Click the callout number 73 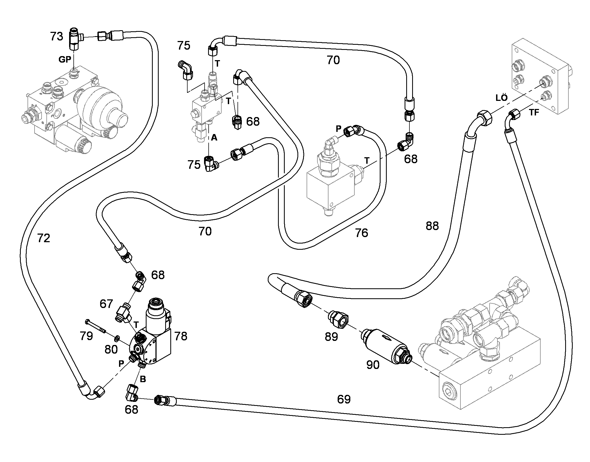tap(57, 36)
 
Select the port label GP tap(65, 60)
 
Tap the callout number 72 tap(43, 238)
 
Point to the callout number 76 tap(362, 233)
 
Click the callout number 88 tap(432, 225)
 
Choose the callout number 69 tap(344, 399)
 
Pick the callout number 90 tap(373, 365)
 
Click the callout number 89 tap(331, 337)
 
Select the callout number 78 tap(181, 336)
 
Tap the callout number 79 tap(86, 336)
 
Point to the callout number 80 tap(111, 350)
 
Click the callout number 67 tap(106, 304)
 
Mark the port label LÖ tap(501, 97)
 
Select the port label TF tap(534, 112)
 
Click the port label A tap(214, 138)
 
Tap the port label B tap(143, 379)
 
